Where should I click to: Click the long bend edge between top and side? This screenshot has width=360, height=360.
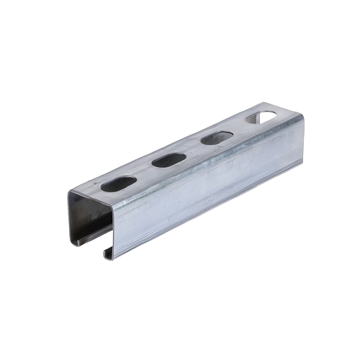(x=209, y=164)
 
